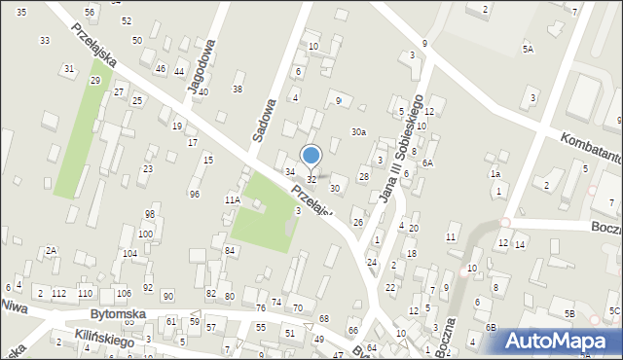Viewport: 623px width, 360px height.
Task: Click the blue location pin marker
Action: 311,156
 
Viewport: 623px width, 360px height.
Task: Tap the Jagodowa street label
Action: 201,69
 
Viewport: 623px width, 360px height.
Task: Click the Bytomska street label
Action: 118,315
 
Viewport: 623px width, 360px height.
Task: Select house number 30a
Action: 359,132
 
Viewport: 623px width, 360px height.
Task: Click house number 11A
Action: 232,199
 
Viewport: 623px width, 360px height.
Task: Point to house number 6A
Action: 427,163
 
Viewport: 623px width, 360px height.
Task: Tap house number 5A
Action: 528,49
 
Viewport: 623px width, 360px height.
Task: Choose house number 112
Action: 59,293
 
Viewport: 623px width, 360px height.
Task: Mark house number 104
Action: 129,253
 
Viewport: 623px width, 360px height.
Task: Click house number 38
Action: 237,89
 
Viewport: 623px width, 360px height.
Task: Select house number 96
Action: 195,194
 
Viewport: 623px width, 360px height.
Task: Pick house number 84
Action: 230,251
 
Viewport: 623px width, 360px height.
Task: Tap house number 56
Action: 90,12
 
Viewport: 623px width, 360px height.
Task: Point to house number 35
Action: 21,12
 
